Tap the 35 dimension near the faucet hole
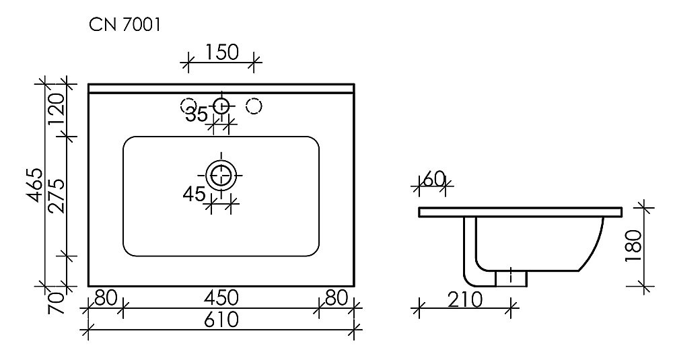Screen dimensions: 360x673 click(x=197, y=114)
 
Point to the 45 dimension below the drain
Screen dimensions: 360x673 click(x=194, y=194)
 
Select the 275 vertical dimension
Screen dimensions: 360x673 click(x=57, y=196)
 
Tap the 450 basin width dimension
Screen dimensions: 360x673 click(x=220, y=298)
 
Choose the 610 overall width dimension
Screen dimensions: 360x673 click(x=220, y=320)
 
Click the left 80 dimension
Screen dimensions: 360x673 click(x=105, y=298)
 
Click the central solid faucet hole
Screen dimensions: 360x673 click(x=221, y=105)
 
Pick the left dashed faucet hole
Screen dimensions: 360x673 click(x=187, y=105)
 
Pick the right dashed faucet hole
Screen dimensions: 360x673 click(x=254, y=105)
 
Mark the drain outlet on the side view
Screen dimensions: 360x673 click(x=511, y=277)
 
